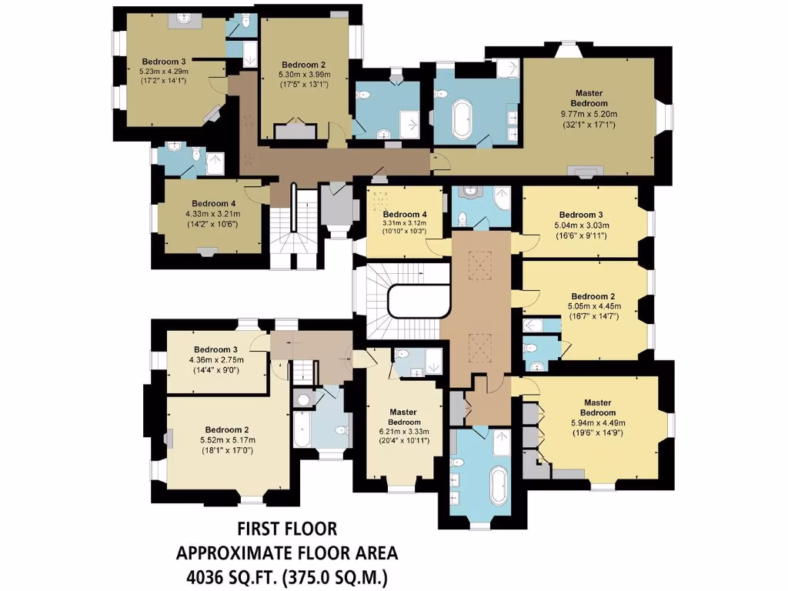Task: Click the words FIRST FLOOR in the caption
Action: coord(287,529)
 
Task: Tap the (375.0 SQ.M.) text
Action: coord(338,576)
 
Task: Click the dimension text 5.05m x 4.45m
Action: coord(593,306)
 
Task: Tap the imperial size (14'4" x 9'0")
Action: coord(218,370)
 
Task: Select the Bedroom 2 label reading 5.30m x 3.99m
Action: coord(303,64)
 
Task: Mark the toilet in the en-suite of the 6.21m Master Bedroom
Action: coord(402,356)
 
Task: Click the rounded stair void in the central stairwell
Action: coord(419,301)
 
